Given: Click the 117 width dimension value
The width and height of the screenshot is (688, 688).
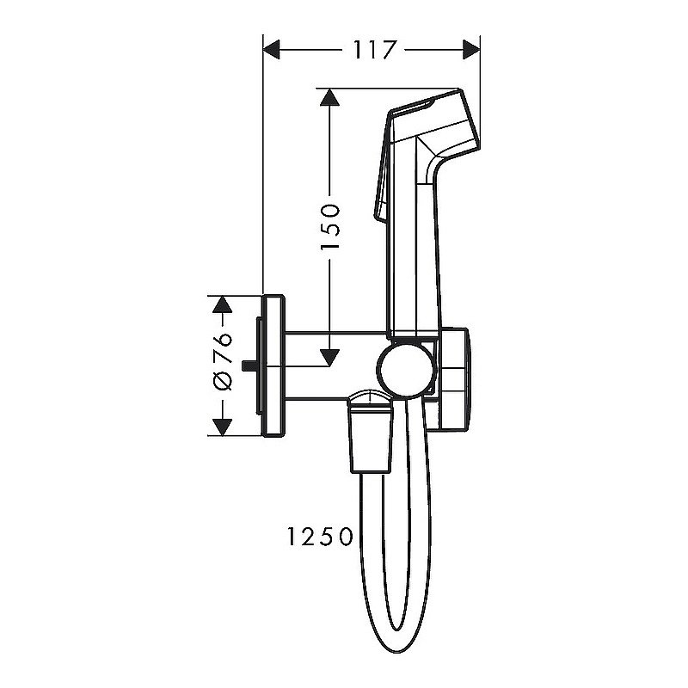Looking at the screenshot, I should point(373,49).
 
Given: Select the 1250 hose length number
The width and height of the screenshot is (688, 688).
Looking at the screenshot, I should point(317,537).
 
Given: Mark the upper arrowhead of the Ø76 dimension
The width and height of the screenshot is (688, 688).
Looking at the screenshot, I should point(223,304).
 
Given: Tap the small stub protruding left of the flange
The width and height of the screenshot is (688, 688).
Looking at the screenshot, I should point(250,366).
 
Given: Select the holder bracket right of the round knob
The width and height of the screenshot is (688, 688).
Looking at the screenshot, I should point(454,378).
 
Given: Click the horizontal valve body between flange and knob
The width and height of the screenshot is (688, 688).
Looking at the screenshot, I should point(331,365).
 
